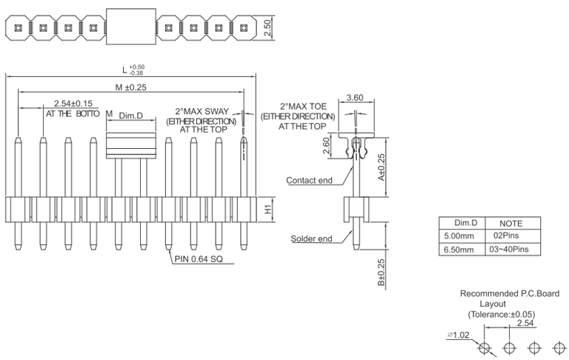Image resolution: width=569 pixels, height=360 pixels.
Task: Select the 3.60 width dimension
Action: pyautogui.click(x=355, y=98)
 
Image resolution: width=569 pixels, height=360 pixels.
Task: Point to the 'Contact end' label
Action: pyautogui.click(x=310, y=180)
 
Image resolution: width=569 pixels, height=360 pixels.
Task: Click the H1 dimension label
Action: pyautogui.click(x=268, y=210)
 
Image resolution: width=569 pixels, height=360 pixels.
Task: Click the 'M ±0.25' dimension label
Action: pyautogui.click(x=131, y=87)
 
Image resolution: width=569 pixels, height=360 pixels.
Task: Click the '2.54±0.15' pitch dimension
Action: pyautogui.click(x=73, y=104)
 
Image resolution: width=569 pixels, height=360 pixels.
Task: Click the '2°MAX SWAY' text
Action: pyautogui.click(x=202, y=111)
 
